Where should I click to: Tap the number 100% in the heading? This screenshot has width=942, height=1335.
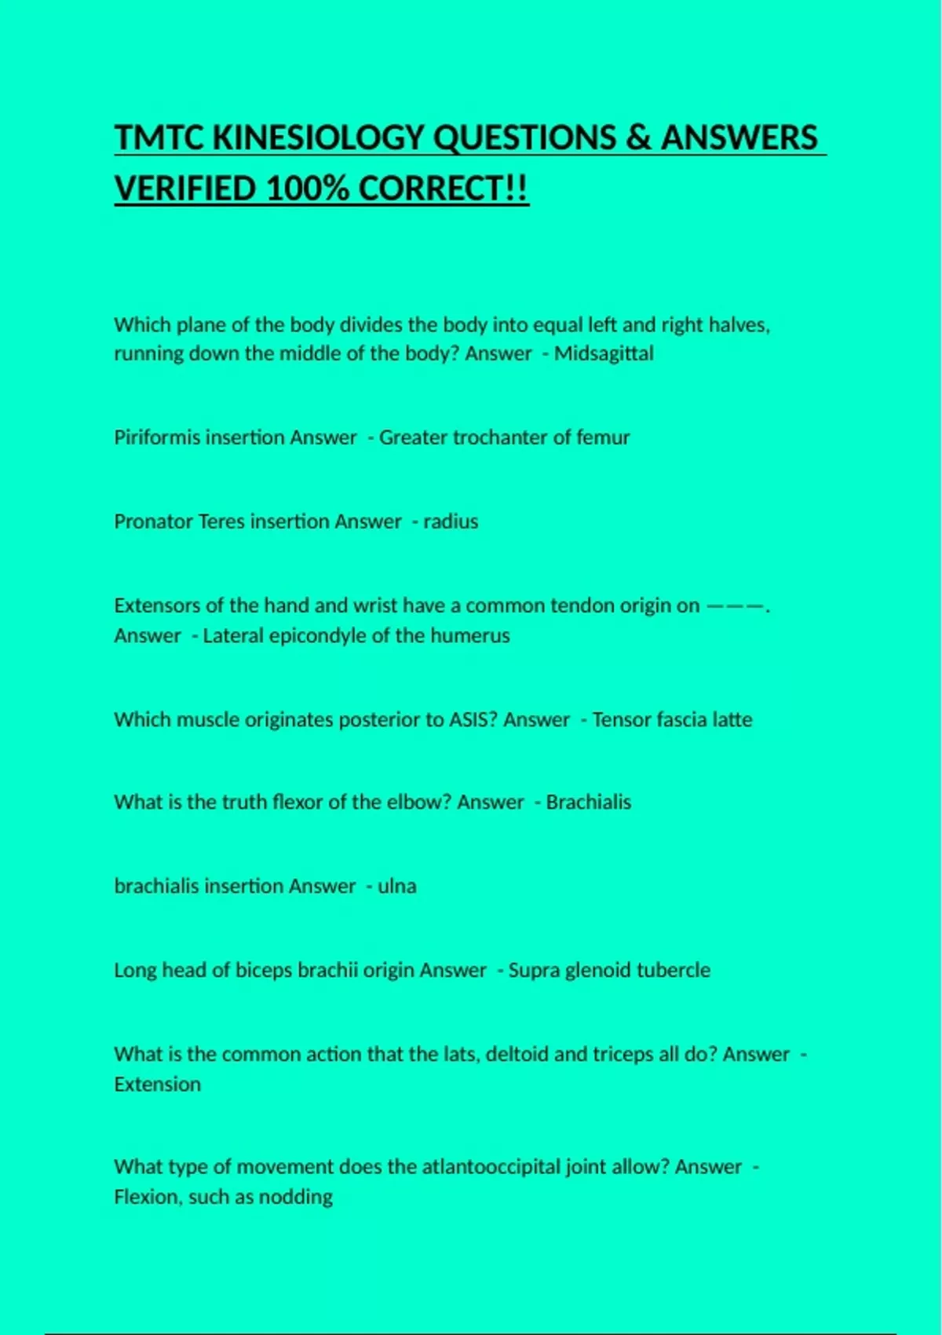coord(307,188)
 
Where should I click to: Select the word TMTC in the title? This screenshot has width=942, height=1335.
coord(159,137)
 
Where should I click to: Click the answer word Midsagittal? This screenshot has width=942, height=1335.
coord(604,353)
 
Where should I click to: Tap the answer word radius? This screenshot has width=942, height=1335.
coord(451,521)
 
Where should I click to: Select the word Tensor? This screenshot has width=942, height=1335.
coord(621,719)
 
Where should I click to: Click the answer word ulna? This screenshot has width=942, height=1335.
coord(397,886)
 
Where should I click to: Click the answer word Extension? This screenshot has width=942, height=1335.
coord(158,1084)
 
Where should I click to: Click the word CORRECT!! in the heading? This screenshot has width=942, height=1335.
coord(444,188)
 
